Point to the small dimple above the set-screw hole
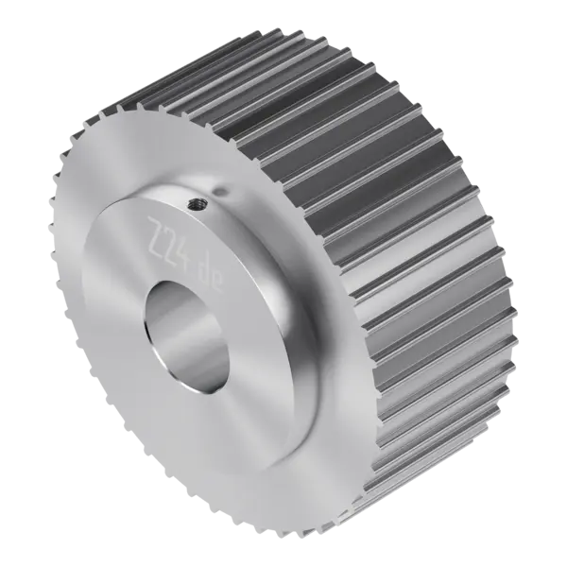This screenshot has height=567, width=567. [x=220, y=190]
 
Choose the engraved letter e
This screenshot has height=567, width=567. [x=218, y=283]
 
